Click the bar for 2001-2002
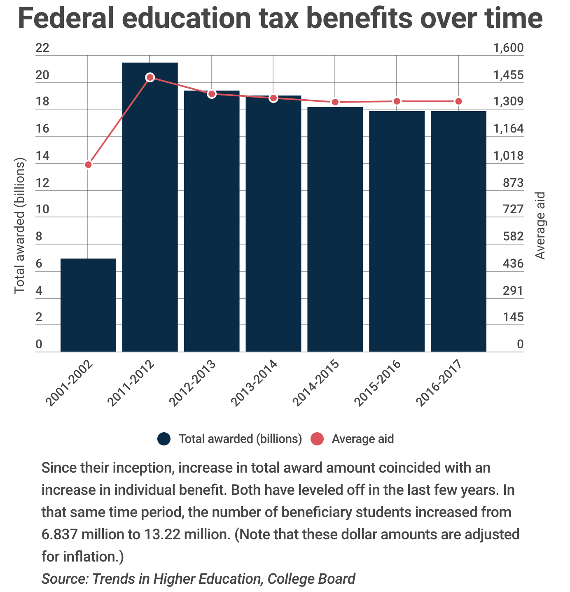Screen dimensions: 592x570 tap(88, 305)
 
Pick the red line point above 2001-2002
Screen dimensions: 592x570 tap(88, 165)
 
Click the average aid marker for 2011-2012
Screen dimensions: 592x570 tap(150, 77)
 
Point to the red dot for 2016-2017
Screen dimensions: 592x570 tap(458, 101)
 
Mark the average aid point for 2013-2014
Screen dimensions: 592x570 tap(273, 98)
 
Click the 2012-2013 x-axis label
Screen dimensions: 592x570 tap(193, 383)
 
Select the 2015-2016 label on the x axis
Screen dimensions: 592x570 tap(378, 383)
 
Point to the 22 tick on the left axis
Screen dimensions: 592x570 tap(42, 48)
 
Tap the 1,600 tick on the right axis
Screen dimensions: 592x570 tap(508, 48)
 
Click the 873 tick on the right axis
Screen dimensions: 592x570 tap(513, 183)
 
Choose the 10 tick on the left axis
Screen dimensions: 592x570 tap(42, 210)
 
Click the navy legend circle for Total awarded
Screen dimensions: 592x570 tap(164, 439)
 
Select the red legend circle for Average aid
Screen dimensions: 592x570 tap(317, 439)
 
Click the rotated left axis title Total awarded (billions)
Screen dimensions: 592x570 tap(20, 226)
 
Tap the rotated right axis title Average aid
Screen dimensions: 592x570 tap(540, 226)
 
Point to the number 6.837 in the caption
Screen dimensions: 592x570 tap(60, 534)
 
